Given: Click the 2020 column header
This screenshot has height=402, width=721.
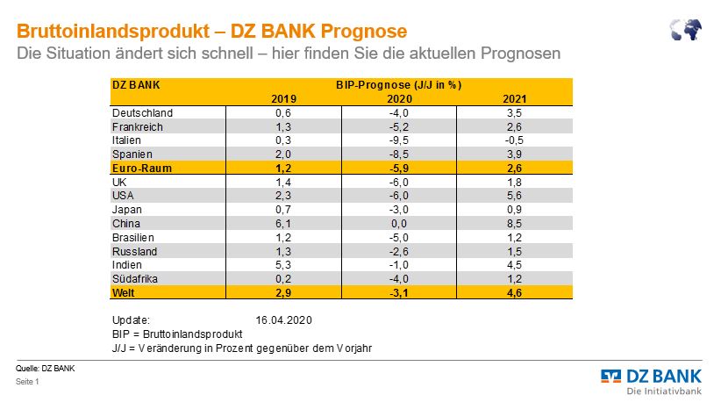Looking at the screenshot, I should [398, 99].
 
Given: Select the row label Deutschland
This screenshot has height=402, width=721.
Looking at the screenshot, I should [142, 112].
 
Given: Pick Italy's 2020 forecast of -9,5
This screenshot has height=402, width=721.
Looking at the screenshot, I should [398, 140].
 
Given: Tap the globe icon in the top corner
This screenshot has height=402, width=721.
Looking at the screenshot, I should [686, 31].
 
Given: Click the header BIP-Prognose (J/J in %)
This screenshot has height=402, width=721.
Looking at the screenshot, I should [399, 86].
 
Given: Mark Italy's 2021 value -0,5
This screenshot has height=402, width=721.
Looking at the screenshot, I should [515, 140].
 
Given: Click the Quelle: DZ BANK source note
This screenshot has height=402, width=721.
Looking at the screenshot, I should [46, 369].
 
